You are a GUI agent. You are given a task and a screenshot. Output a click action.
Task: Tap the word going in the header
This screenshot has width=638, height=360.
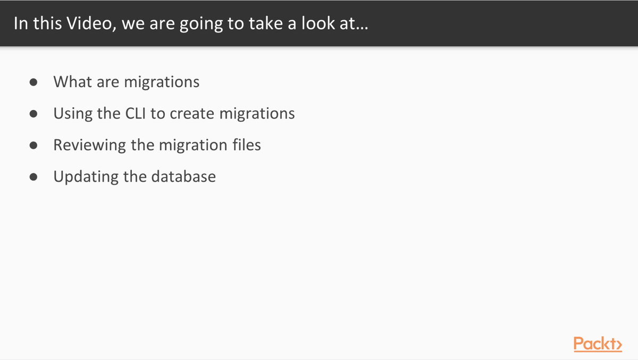point(201,25)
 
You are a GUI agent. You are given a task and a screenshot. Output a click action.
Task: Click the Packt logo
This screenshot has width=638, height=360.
point(598,344)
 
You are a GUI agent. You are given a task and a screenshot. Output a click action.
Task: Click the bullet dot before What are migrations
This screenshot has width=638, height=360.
point(33,82)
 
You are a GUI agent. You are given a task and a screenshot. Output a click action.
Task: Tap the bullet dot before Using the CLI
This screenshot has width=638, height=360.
point(33,114)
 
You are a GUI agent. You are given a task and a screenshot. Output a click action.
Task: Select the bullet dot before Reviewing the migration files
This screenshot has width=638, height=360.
point(33,146)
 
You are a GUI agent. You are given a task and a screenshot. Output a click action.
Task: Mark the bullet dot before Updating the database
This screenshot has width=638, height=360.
point(33,177)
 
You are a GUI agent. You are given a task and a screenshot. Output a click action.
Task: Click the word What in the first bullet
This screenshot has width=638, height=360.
point(72,82)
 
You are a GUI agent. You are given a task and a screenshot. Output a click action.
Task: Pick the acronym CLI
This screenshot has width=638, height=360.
point(136,113)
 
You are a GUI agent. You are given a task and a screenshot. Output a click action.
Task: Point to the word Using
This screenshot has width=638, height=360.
point(73,114)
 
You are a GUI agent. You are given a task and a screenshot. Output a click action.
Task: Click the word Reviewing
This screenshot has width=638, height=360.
point(89,146)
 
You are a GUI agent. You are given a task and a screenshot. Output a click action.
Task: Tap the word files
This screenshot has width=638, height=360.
point(247,145)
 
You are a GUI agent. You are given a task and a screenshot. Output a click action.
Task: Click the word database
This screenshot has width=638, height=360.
point(184,177)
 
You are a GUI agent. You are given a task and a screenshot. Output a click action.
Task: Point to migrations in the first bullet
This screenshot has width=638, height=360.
point(162,83)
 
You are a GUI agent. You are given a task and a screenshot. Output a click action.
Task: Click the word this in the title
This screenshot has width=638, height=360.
point(47,23)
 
